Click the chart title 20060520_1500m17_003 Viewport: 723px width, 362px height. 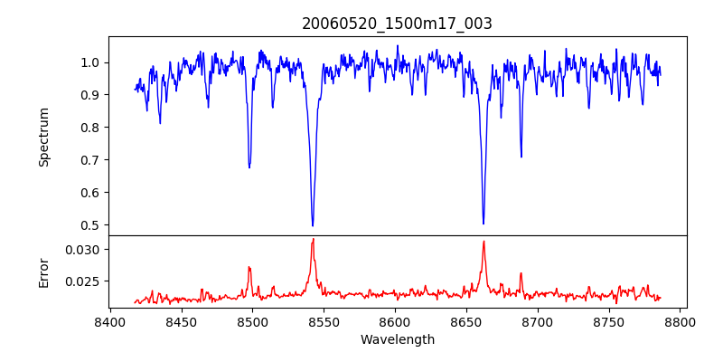click(397, 24)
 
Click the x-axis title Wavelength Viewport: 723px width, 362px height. click(397, 339)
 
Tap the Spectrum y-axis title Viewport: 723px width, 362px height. click(43, 137)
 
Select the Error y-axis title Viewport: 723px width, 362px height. click(43, 271)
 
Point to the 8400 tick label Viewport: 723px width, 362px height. click(109, 321)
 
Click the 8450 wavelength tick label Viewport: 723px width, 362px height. click(181, 321)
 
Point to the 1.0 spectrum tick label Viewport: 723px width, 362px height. click(90, 62)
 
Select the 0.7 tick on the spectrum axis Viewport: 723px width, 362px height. click(90, 160)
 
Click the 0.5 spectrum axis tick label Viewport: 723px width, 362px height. click(90, 225)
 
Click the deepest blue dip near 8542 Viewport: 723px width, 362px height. click(313, 225)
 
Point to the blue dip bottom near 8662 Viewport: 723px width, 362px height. click(484, 224)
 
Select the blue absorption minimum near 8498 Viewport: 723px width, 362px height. click(249, 167)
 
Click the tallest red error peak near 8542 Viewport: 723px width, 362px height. click(313, 239)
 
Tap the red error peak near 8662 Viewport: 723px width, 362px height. click(484, 242)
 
